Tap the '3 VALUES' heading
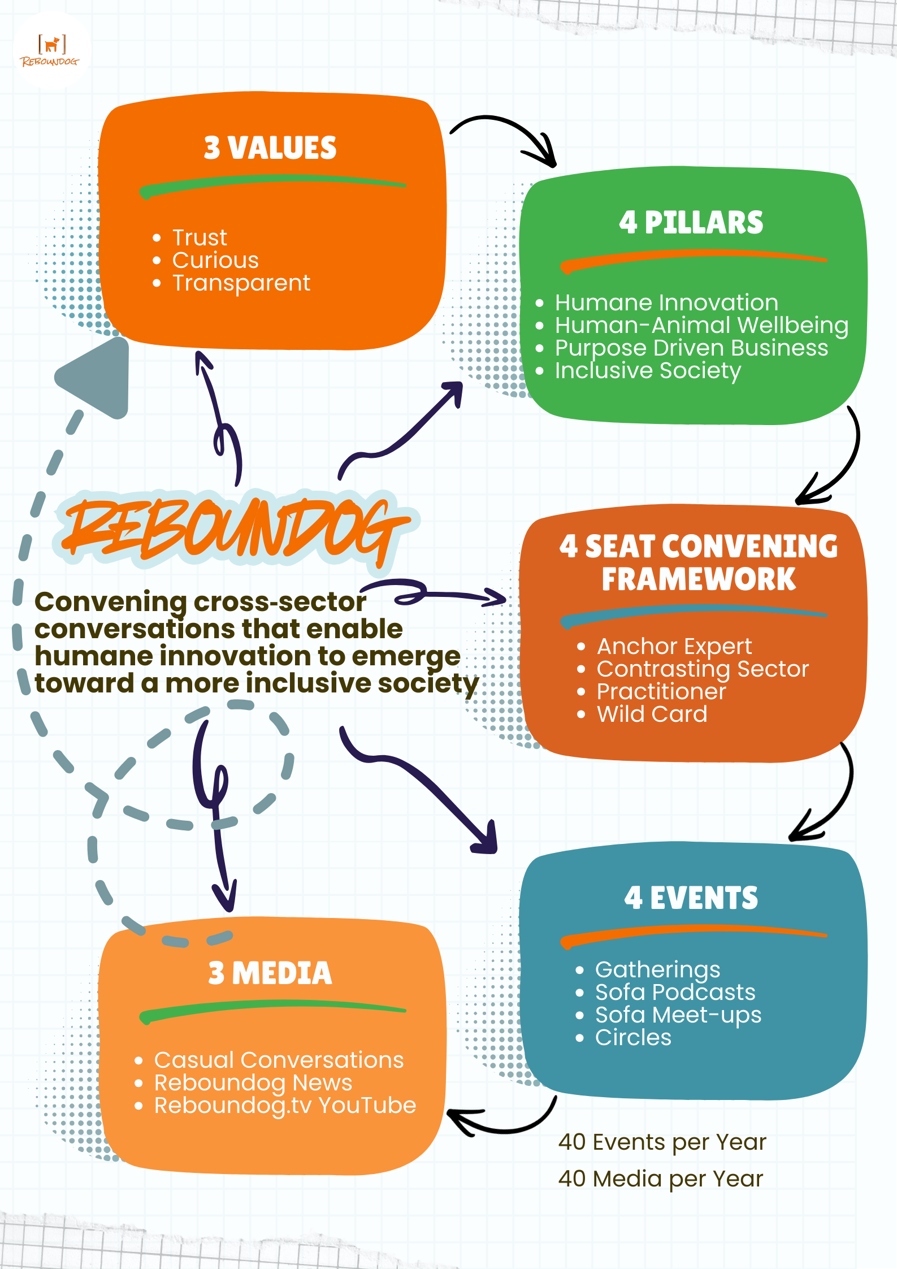(270, 148)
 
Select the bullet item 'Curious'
(215, 261)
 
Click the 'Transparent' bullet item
(241, 283)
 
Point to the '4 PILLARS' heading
(691, 223)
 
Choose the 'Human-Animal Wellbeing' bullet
(701, 326)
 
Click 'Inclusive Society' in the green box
(647, 371)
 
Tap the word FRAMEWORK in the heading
(699, 579)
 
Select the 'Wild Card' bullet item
(652, 714)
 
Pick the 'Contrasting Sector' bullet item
(703, 669)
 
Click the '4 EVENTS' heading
(691, 898)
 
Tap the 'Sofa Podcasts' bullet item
(675, 993)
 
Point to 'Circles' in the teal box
(633, 1038)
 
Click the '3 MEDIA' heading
(270, 973)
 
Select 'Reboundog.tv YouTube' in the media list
(285, 1106)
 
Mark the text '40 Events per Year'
(662, 1142)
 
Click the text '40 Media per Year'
(660, 1179)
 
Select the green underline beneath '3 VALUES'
(272, 185)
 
